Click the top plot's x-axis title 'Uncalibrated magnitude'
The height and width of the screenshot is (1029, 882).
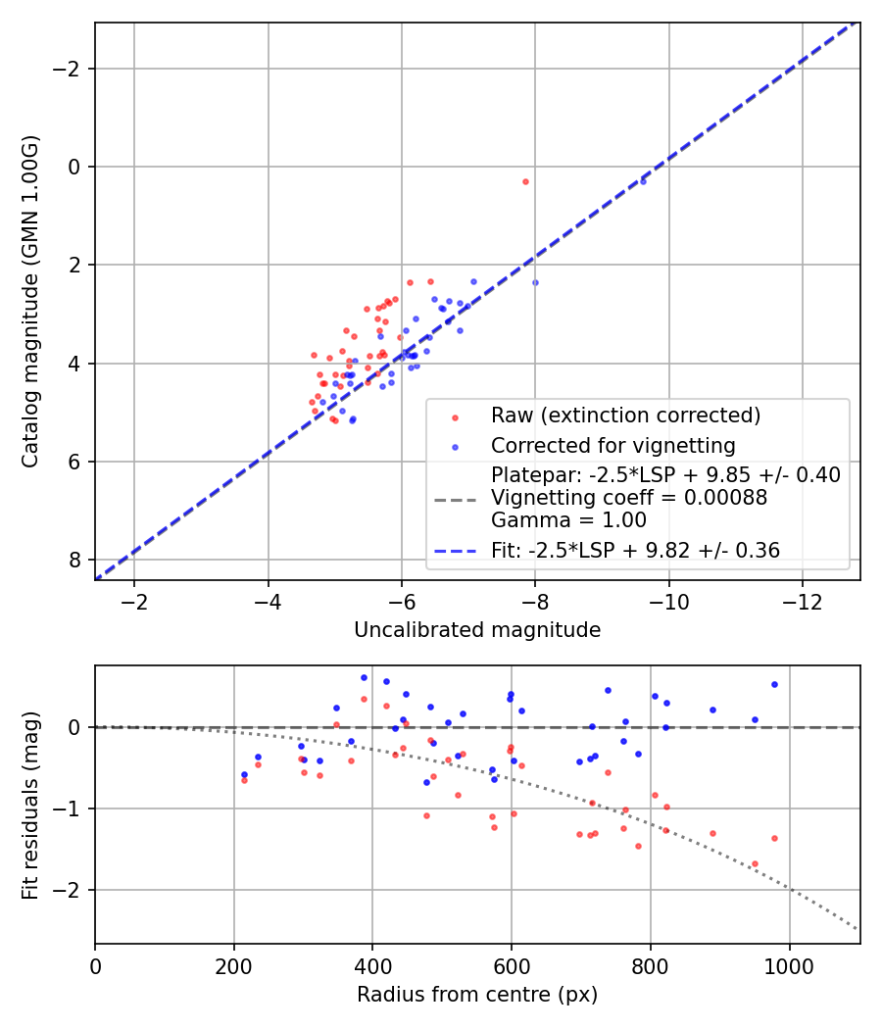click(x=477, y=630)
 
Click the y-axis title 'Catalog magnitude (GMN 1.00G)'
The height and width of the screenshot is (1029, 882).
click(x=30, y=302)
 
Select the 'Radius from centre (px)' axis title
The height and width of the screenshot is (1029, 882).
click(x=477, y=995)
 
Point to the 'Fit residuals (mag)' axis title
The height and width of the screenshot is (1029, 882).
click(x=30, y=805)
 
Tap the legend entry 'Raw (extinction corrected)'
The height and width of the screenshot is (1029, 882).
click(x=625, y=416)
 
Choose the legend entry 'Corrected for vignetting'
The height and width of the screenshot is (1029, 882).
click(x=612, y=446)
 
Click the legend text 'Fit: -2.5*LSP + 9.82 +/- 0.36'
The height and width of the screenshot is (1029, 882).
click(x=635, y=551)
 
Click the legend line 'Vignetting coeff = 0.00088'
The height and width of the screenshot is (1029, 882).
click(x=629, y=498)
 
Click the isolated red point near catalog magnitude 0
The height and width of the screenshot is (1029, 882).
click(x=525, y=181)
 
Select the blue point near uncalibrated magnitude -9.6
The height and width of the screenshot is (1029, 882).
click(x=643, y=181)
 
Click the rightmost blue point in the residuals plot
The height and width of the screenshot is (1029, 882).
click(x=774, y=684)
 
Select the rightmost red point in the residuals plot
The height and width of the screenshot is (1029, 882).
click(x=774, y=838)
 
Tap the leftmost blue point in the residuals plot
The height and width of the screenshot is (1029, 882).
click(x=244, y=774)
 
